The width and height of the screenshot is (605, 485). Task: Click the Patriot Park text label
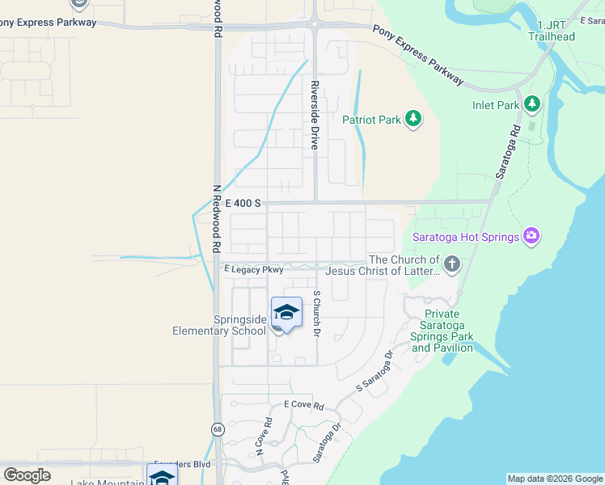pyautogui.click(x=371, y=120)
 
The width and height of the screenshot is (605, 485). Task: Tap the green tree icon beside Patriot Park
pyautogui.click(x=413, y=120)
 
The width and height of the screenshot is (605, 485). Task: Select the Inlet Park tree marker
pyautogui.click(x=531, y=104)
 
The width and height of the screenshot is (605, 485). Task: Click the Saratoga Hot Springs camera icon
pyautogui.click(x=531, y=236)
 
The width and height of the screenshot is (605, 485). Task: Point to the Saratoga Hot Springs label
pyautogui.click(x=465, y=237)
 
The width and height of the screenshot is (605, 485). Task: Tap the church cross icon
pyautogui.click(x=452, y=264)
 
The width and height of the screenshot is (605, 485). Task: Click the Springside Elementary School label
pyautogui.click(x=218, y=325)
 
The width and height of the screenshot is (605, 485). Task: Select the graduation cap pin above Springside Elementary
pyautogui.click(x=286, y=314)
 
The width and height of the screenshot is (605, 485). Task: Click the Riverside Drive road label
pyautogui.click(x=315, y=115)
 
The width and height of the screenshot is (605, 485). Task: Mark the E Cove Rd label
pyautogui.click(x=303, y=404)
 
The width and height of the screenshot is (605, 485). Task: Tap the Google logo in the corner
pyautogui.click(x=27, y=475)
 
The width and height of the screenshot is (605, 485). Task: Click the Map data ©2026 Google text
pyautogui.click(x=554, y=479)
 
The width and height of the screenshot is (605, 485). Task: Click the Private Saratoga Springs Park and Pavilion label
pyautogui.click(x=442, y=331)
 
